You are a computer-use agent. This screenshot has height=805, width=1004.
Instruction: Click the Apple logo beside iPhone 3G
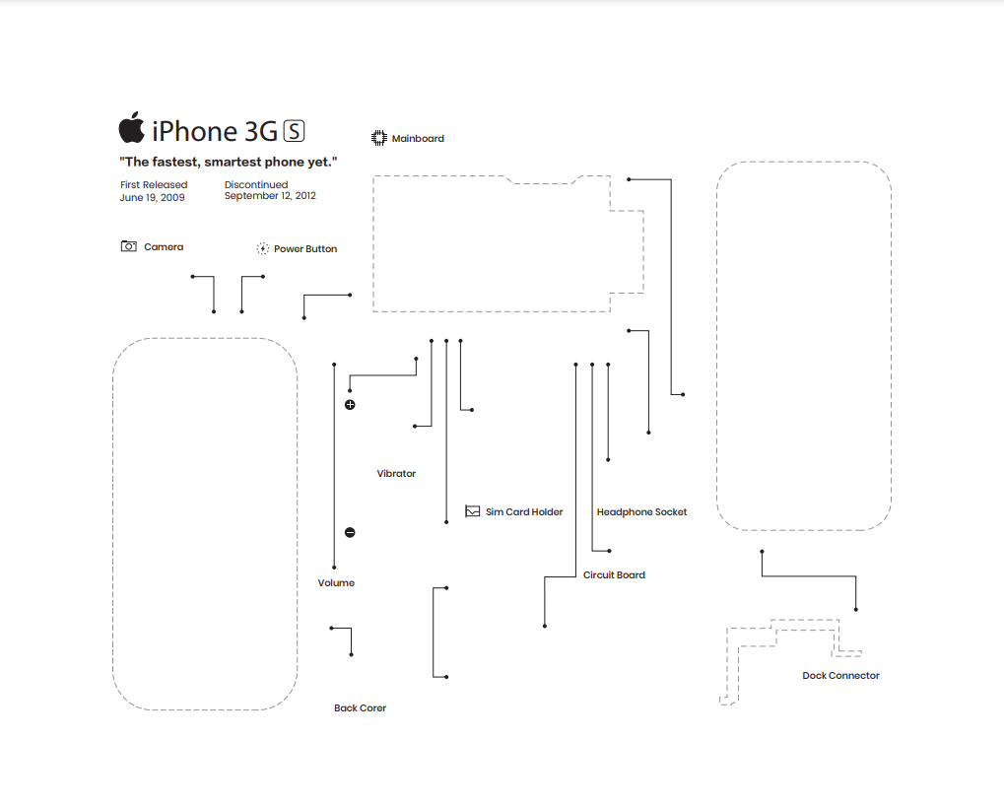131,128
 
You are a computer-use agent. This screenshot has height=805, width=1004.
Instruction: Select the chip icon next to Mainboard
378,138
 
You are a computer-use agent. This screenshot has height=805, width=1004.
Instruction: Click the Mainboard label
418,139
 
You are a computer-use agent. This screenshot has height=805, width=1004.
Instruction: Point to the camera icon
129,246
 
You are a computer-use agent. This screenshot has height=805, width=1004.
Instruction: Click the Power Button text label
305,249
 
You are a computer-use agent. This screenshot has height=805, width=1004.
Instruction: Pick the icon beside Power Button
263,249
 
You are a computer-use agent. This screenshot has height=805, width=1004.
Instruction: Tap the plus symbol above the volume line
350,405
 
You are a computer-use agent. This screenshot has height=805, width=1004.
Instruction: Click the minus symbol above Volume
350,533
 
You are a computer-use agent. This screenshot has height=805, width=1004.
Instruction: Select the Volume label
336,583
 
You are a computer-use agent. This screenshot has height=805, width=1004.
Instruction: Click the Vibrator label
396,474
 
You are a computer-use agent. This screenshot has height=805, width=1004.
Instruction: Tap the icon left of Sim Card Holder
473,511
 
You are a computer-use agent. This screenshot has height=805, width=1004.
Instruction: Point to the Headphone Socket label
641,512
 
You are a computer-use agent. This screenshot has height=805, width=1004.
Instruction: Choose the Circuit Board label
614,575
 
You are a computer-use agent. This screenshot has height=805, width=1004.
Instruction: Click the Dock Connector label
840,676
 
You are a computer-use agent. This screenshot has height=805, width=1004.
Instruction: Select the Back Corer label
360,708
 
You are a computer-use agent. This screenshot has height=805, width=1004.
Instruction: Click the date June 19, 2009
152,197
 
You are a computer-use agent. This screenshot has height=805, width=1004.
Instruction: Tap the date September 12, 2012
270,196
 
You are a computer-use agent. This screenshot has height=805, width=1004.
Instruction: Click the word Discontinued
256,184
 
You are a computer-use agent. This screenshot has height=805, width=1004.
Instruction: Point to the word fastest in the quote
181,162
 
